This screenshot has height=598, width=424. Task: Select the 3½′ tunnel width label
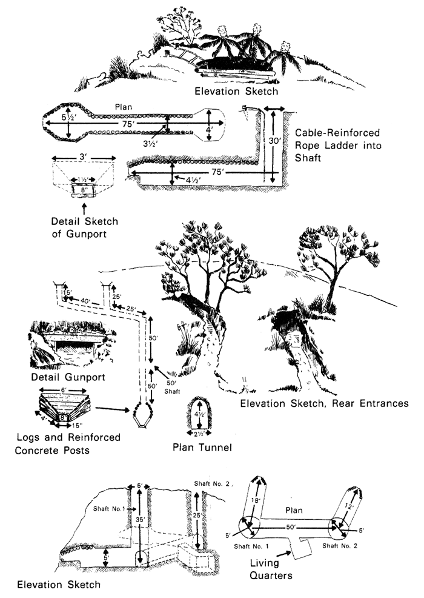click(x=164, y=144)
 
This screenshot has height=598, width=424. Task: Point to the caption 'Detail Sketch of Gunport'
click(x=84, y=226)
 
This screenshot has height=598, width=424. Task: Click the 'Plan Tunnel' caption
click(x=199, y=449)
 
